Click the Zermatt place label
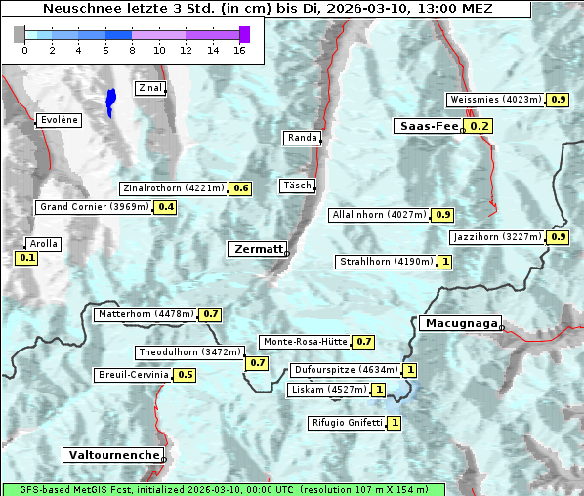pyautogui.click(x=257, y=249)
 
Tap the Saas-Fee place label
pyautogui.click(x=428, y=126)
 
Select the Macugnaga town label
pyautogui.click(x=460, y=323)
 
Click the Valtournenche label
pyautogui.click(x=113, y=455)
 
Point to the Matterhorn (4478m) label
pyautogui.click(x=145, y=314)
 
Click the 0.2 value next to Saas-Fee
pyautogui.click(x=479, y=126)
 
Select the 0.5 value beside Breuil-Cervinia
pyautogui.click(x=185, y=375)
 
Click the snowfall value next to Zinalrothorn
pyautogui.click(x=240, y=188)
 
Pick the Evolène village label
pyautogui.click(x=58, y=120)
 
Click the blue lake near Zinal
pyautogui.click(x=110, y=102)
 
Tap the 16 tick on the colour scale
pyautogui.click(x=238, y=50)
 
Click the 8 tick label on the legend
pyautogui.click(x=132, y=50)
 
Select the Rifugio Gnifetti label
pyautogui.click(x=346, y=423)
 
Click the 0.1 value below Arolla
pyautogui.click(x=26, y=258)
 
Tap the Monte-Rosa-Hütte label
pyautogui.click(x=304, y=342)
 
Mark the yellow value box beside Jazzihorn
pyautogui.click(x=558, y=237)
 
